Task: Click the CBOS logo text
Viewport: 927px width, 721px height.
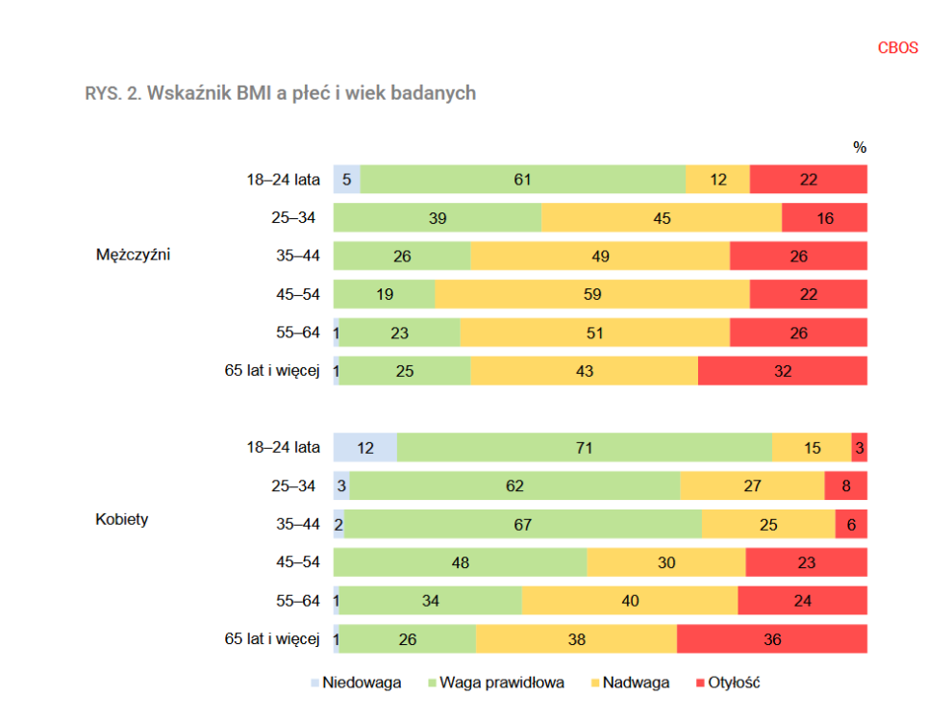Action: point(897,47)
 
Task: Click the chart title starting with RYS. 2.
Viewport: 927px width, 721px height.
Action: point(280,93)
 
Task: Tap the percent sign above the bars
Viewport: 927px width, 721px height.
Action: point(860,147)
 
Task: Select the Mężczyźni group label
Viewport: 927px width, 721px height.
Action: point(134,255)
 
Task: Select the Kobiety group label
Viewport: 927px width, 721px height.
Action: point(122,519)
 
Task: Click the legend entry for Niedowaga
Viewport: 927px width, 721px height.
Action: point(355,683)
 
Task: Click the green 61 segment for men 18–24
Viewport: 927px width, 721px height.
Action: point(523,179)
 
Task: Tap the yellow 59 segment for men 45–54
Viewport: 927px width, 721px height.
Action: point(592,294)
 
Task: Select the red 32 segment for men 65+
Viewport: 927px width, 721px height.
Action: point(783,371)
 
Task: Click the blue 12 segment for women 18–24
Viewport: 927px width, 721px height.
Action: point(365,447)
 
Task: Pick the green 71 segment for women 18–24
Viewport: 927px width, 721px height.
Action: point(585,447)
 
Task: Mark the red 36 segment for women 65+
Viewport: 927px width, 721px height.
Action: point(772,639)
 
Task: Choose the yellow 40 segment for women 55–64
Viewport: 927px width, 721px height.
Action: point(630,601)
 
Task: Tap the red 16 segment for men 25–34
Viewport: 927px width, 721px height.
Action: point(824,217)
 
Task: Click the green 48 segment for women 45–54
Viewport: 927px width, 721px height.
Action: point(460,562)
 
